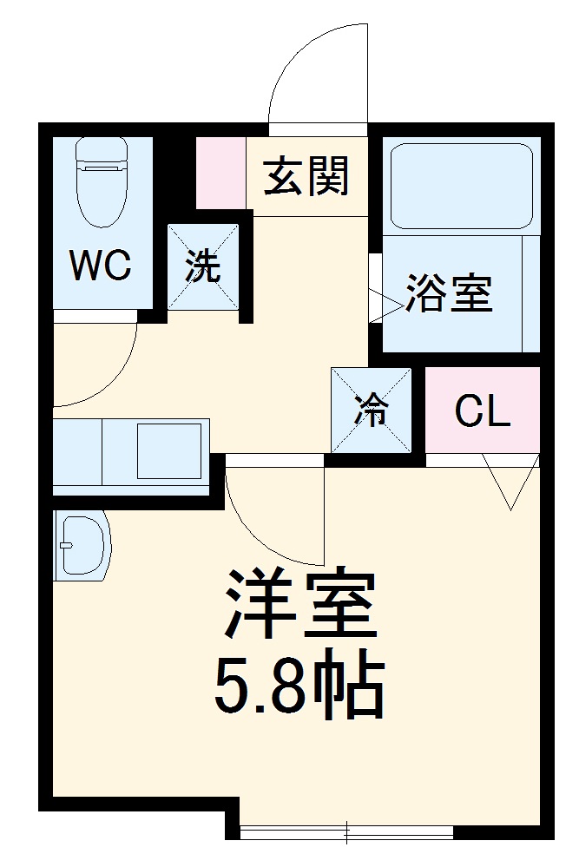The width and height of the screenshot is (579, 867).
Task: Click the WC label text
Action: click(101, 266)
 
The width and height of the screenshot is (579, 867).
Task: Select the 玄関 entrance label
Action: click(306, 176)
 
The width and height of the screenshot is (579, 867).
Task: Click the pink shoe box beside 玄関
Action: click(220, 172)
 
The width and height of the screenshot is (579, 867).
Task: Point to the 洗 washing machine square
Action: click(202, 266)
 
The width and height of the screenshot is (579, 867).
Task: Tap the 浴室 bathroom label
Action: click(448, 294)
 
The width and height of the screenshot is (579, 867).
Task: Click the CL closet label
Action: click(482, 413)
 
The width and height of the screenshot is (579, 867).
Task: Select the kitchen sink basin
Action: click(170, 451)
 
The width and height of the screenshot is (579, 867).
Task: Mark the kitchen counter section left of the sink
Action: click(77, 455)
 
